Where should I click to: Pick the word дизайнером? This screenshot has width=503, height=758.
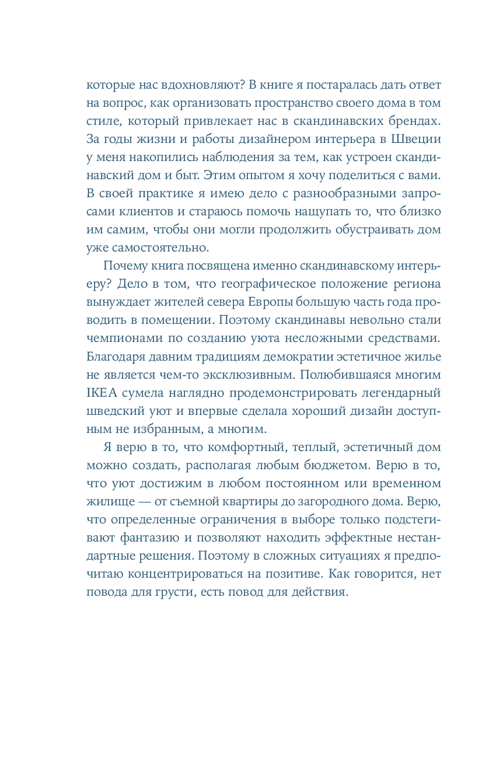tap(252, 140)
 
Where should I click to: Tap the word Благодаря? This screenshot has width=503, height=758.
tap(116, 358)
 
